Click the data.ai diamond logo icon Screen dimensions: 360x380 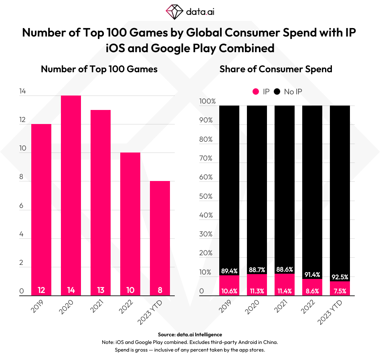pyautogui.click(x=174, y=12)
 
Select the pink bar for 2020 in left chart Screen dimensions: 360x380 pyautogui.click(x=71, y=193)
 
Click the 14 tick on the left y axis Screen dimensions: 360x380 pyautogui.click(x=22, y=92)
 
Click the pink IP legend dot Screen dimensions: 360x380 pyautogui.click(x=255, y=92)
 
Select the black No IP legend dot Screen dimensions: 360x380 pyautogui.click(x=277, y=92)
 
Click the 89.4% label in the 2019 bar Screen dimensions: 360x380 pyautogui.click(x=229, y=272)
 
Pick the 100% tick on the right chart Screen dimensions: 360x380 pyautogui.click(x=207, y=102)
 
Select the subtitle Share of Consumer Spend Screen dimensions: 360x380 pyautogui.click(x=276, y=69)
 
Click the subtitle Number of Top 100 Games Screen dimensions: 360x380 pyautogui.click(x=99, y=69)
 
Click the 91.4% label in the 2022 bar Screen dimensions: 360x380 pyautogui.click(x=312, y=275)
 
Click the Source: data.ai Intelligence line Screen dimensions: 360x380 pyautogui.click(x=190, y=334)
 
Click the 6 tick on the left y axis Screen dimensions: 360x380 pyautogui.click(x=22, y=206)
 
